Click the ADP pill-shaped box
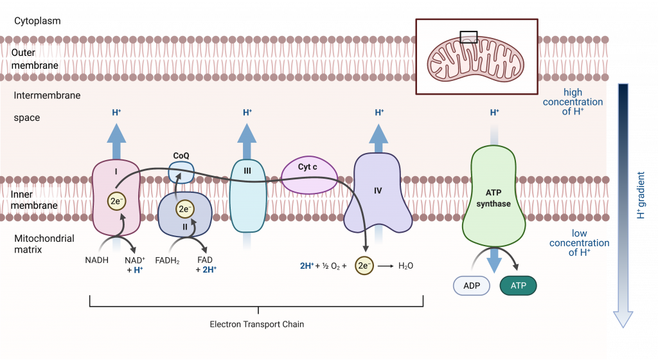click(x=472, y=285)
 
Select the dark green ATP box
click(x=517, y=285)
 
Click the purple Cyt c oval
click(x=308, y=175)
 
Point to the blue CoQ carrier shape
click(x=181, y=170)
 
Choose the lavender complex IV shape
click(x=378, y=193)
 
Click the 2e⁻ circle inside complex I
click(x=116, y=201)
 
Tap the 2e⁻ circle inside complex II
click(x=184, y=208)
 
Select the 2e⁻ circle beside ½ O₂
click(x=364, y=265)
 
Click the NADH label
click(x=96, y=260)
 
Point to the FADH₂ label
click(x=167, y=260)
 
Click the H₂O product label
click(x=406, y=265)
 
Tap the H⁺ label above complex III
click(x=247, y=113)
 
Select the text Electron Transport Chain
click(x=256, y=325)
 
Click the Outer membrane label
click(x=35, y=59)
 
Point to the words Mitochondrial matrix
click(x=44, y=244)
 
